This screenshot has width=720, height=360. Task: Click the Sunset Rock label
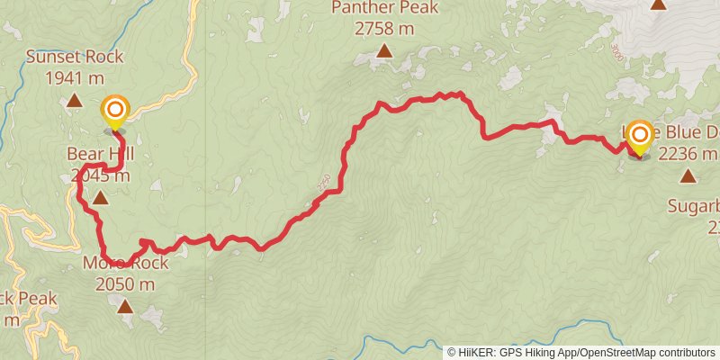(x=74, y=57)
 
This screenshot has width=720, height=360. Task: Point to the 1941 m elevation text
(x=74, y=77)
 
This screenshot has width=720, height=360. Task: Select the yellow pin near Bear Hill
(x=115, y=112)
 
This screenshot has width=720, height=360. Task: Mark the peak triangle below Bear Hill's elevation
(x=100, y=197)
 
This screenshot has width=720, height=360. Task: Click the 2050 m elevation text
(x=124, y=283)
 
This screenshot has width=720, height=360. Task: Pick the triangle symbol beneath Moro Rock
(x=124, y=307)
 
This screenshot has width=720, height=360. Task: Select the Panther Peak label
(x=384, y=8)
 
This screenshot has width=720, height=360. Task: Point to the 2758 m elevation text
(x=384, y=29)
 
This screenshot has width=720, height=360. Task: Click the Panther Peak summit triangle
(x=384, y=51)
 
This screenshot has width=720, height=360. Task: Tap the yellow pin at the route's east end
(x=640, y=138)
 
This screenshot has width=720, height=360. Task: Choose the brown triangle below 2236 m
(x=688, y=176)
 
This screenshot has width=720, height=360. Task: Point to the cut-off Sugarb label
(x=693, y=206)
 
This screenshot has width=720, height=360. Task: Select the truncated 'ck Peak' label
(x=28, y=298)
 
